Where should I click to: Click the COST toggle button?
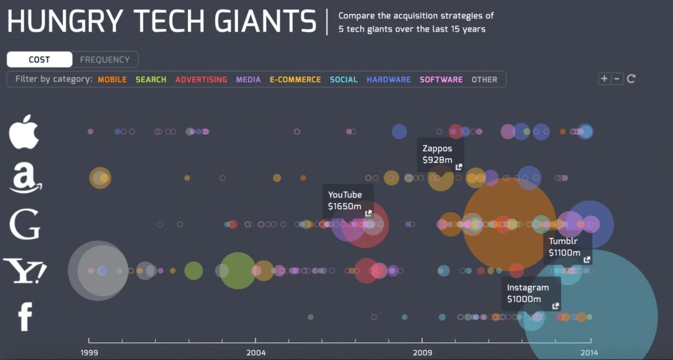point(39,60)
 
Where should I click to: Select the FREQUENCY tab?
point(104,60)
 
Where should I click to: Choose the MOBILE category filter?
point(112,79)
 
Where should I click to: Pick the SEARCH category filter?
point(151,79)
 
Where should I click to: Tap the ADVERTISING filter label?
point(200,79)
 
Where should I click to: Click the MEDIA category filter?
point(248,79)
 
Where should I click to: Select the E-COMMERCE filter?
point(295,79)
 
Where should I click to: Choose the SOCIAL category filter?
point(344,79)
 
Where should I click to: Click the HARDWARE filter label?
point(388,79)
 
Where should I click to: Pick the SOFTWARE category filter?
point(441,79)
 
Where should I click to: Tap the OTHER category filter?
point(484,79)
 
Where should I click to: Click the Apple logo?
point(25,132)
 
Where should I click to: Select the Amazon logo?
point(25,177)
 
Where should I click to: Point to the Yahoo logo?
point(25,271)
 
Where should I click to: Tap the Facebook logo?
point(25,317)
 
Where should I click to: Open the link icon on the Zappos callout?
point(458,167)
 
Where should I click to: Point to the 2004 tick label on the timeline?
point(256,353)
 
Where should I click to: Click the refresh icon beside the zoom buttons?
point(631,79)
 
